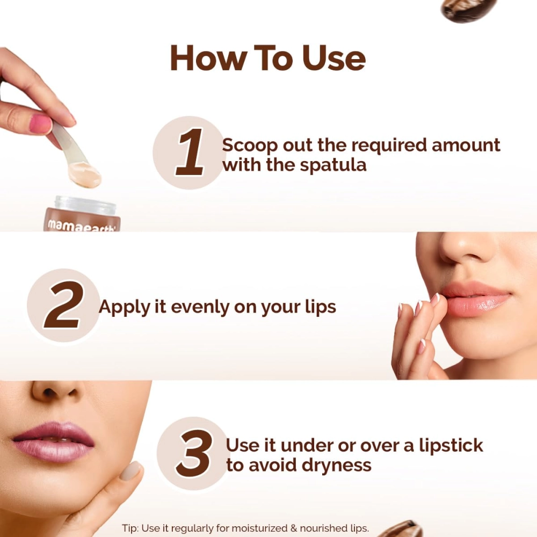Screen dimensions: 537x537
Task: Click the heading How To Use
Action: (267, 58)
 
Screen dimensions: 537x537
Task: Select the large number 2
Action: (64, 306)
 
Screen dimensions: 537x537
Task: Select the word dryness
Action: (335, 465)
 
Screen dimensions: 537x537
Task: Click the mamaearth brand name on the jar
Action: (81, 225)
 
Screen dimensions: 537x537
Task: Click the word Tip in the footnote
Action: (129, 528)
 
